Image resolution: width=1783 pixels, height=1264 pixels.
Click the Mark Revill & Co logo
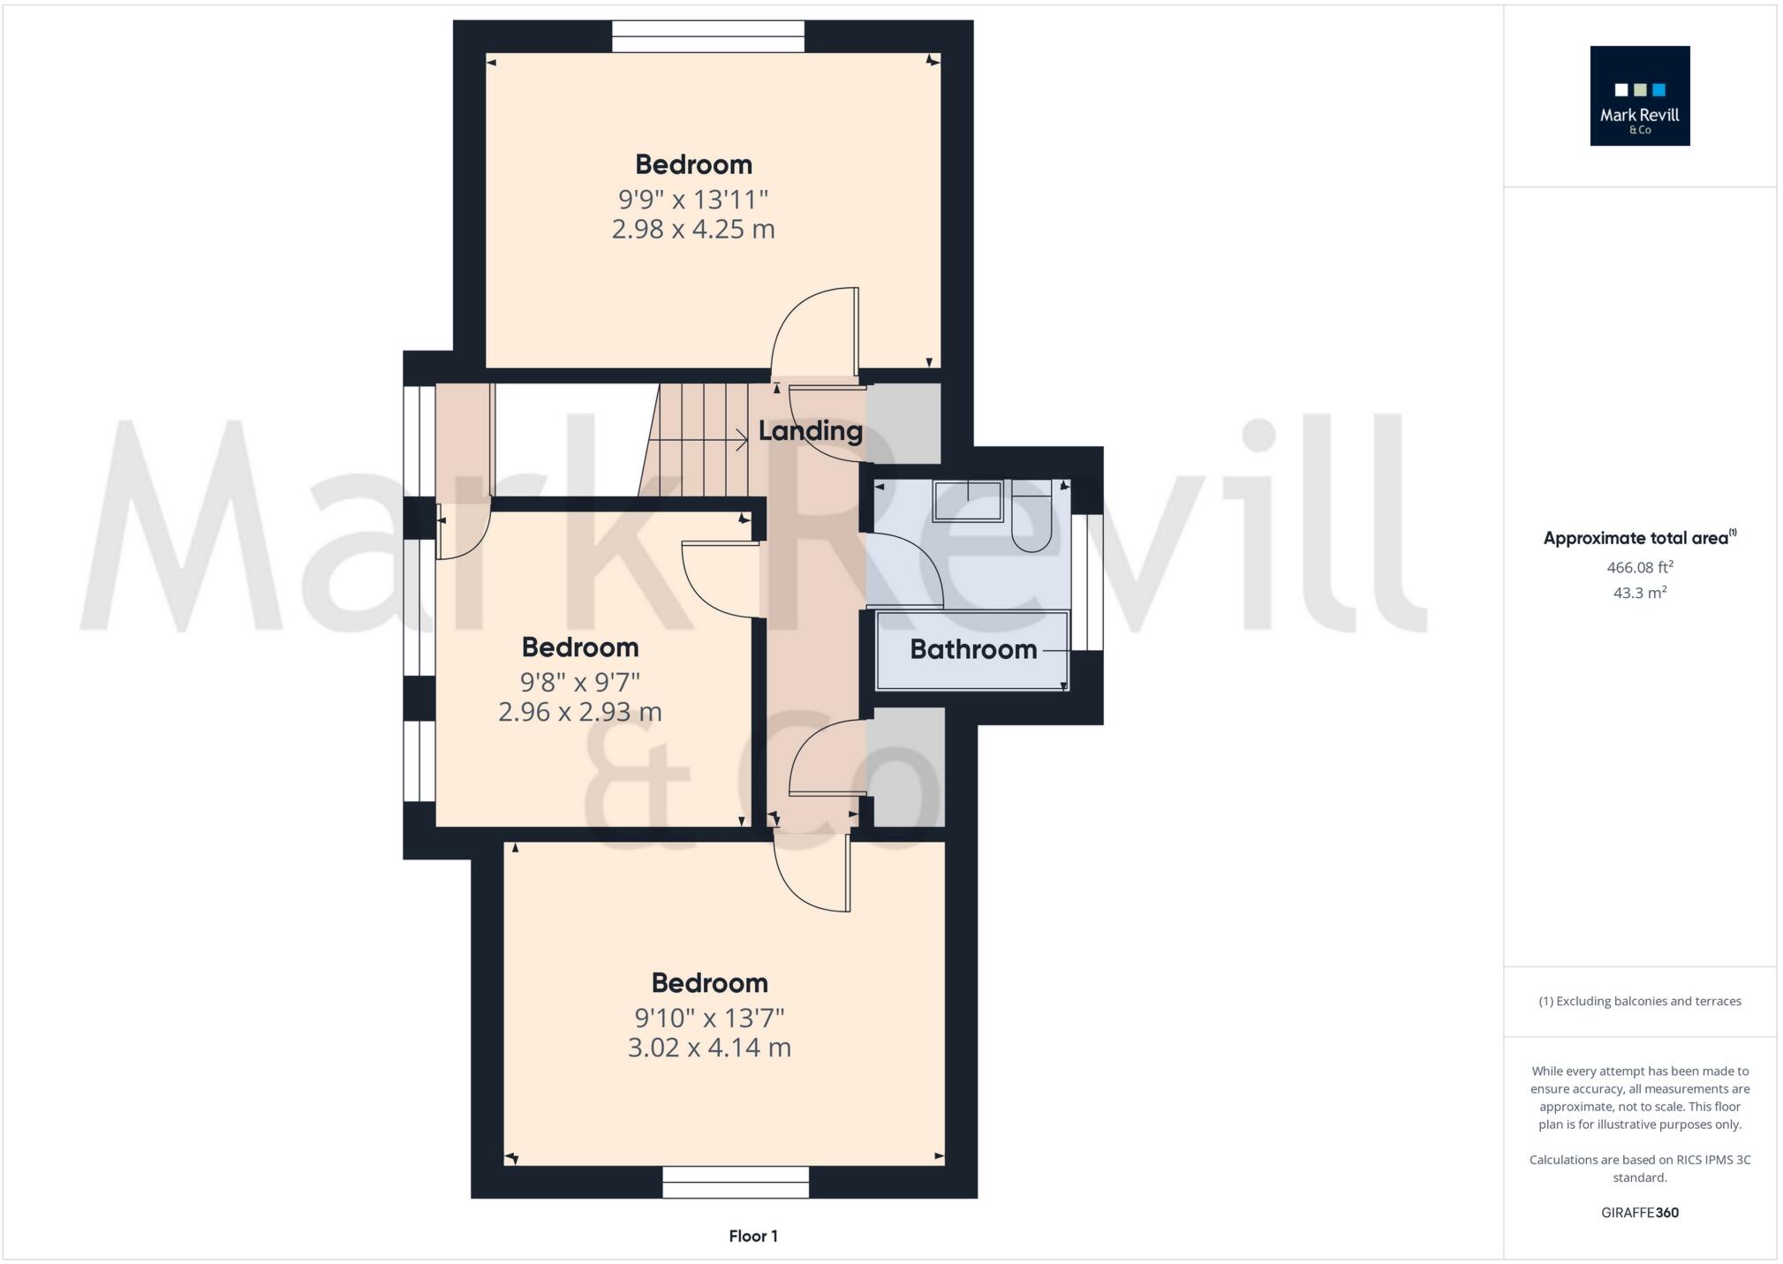click(1639, 95)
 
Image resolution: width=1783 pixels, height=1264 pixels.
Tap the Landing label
click(810, 431)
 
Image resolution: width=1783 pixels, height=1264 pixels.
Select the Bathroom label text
click(972, 649)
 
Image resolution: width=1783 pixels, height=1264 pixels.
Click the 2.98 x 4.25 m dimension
click(693, 230)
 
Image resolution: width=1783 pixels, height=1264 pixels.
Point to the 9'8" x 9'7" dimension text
click(579, 682)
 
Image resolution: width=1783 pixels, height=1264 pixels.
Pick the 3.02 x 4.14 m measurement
click(709, 1048)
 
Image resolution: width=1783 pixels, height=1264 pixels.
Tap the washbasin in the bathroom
click(969, 501)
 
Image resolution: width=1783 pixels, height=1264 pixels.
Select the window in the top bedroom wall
click(708, 36)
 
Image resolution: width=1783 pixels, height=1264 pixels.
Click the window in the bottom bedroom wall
click(736, 1182)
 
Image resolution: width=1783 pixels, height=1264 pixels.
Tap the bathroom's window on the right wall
click(1087, 582)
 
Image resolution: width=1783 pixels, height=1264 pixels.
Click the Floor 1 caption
click(753, 1236)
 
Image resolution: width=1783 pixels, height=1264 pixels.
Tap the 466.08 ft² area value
click(1639, 567)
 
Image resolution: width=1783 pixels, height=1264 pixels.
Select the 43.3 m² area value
click(1639, 593)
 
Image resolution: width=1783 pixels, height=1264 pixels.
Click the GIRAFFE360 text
click(1639, 1213)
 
